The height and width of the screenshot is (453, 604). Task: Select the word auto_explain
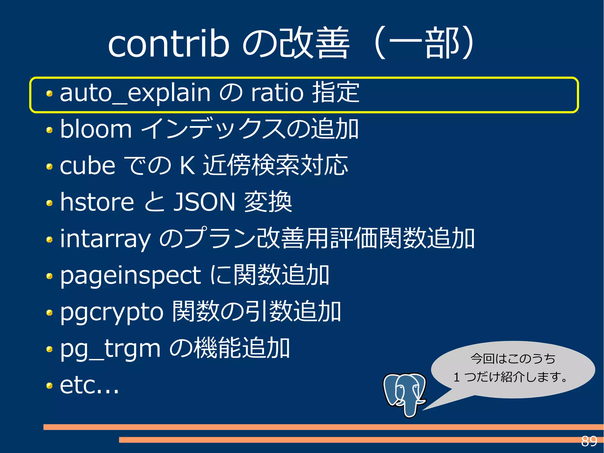[x=135, y=93]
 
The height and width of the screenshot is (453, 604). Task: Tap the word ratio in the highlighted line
[x=277, y=93]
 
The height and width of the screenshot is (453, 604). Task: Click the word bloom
[x=96, y=129]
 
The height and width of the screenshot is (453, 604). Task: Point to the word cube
[x=87, y=166]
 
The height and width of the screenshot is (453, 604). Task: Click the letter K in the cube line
[x=187, y=166]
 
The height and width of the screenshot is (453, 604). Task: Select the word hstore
[x=97, y=202]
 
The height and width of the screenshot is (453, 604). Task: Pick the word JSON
[x=204, y=202]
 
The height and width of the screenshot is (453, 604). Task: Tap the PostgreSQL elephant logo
[x=405, y=394]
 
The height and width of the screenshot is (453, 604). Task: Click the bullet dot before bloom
[x=50, y=130]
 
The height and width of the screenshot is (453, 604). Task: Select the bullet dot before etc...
[x=50, y=386]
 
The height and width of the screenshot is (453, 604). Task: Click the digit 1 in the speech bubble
[x=457, y=377]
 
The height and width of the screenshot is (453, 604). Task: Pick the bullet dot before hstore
[x=50, y=203]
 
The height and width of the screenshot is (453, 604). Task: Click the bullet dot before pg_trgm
[x=50, y=349]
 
